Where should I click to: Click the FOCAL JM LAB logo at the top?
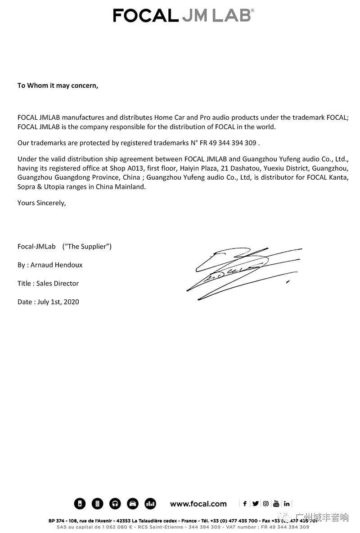(183, 15)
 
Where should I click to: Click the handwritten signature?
(243, 272)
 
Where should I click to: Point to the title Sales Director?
(58, 283)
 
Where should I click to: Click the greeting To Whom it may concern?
(58, 85)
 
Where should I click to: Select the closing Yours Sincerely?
(42, 203)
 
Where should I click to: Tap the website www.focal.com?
(198, 504)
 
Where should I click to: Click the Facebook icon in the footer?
(245, 504)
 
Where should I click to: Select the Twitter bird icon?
(255, 504)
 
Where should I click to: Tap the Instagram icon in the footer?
(265, 504)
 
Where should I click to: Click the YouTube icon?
(276, 504)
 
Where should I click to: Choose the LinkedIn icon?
(287, 504)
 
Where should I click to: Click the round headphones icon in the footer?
(115, 504)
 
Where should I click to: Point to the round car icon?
(133, 504)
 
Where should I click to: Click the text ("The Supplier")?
(87, 246)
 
